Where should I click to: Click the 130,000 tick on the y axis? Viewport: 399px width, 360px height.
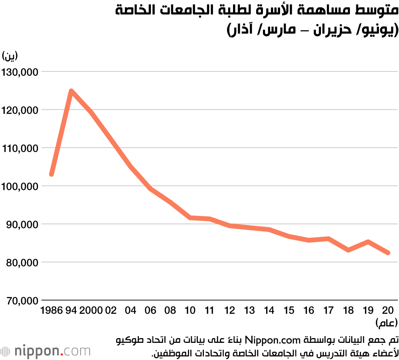click(20, 72)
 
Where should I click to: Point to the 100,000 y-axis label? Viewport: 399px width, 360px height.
click(20, 186)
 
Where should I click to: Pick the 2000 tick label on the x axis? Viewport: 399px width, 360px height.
click(91, 310)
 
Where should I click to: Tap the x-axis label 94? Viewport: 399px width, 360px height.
click(71, 310)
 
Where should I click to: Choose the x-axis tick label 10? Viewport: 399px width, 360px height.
click(190, 310)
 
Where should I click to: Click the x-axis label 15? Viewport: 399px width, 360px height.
click(289, 310)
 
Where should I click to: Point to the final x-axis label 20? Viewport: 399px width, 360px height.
click(388, 310)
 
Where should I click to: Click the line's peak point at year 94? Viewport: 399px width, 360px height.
click(71, 91)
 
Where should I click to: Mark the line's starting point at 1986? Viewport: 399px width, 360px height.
click(51, 174)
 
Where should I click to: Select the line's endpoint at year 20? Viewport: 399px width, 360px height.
click(388, 253)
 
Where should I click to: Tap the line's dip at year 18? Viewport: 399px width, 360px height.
click(348, 250)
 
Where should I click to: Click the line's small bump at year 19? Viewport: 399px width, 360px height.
click(368, 241)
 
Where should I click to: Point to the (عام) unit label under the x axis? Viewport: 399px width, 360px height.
click(385, 322)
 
